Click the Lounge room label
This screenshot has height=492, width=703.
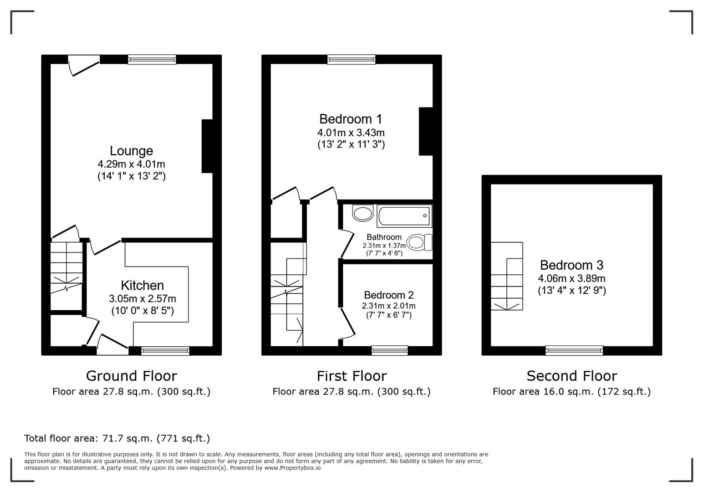tap(131, 151)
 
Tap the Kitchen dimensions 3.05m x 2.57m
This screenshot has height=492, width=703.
tap(142, 299)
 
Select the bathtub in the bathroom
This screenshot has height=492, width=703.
tap(403, 216)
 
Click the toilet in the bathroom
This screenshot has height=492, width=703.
tap(419, 242)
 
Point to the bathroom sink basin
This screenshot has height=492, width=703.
tap(362, 213)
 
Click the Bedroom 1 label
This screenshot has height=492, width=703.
tap(351, 119)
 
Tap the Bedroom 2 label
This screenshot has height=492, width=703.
tap(388, 295)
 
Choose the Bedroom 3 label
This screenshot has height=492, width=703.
tap(571, 265)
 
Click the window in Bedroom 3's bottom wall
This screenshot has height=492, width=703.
tap(574, 350)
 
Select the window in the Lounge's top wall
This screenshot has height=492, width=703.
tap(152, 59)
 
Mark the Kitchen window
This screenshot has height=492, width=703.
tap(165, 350)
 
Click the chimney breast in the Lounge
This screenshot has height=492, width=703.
tap(207, 146)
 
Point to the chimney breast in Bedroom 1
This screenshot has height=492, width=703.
tap(425, 132)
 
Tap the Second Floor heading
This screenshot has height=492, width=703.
tap(571, 376)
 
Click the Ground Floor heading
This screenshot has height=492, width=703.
tap(131, 376)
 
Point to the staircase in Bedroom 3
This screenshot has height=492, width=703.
tap(506, 277)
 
